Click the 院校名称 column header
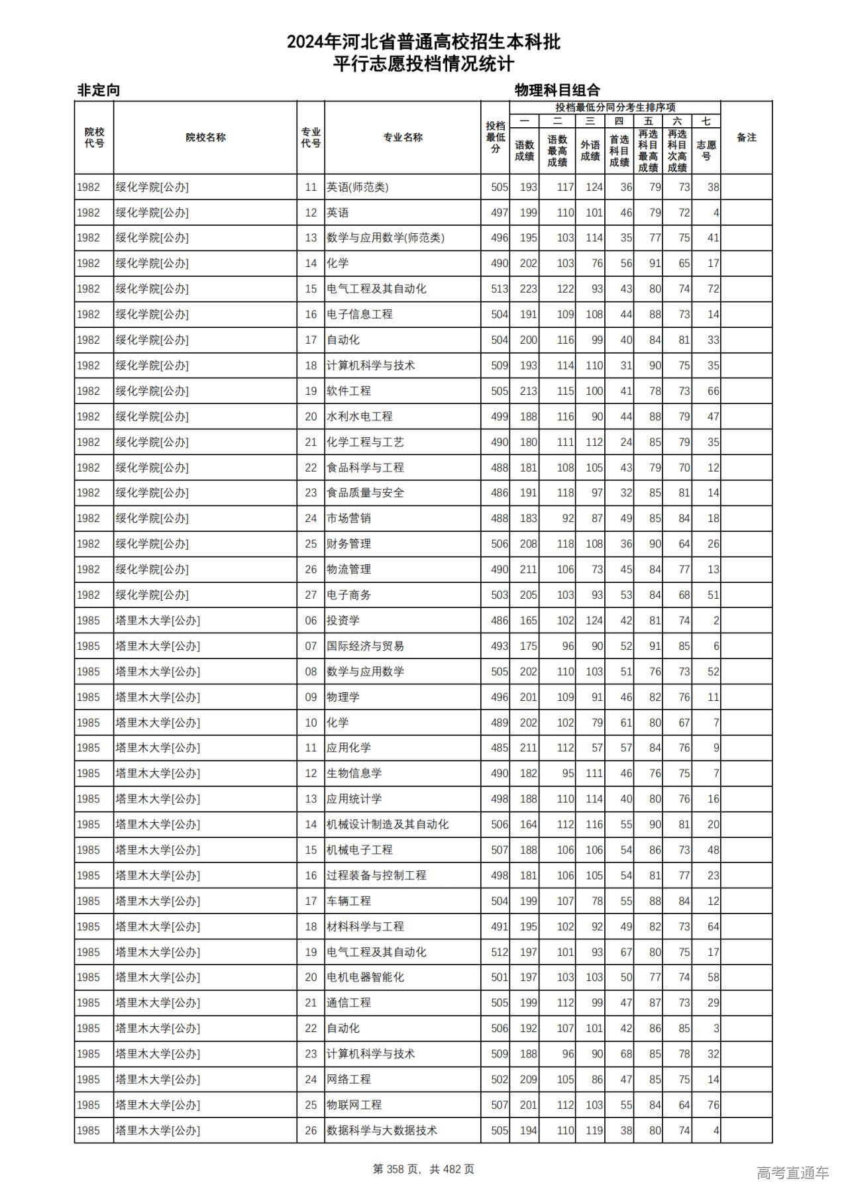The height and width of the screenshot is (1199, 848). (x=205, y=138)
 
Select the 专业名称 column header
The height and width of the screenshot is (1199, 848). (x=402, y=138)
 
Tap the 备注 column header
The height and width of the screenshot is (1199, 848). (x=746, y=138)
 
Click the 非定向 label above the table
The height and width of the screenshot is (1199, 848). (x=99, y=90)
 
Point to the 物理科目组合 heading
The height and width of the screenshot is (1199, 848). (x=557, y=90)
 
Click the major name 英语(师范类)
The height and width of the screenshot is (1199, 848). (x=358, y=187)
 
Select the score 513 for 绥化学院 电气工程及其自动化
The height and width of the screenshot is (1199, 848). (x=500, y=289)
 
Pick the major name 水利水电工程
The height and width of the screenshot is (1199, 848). (x=360, y=417)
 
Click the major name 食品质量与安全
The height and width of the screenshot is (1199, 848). (x=365, y=493)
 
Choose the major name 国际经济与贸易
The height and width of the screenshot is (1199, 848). (x=365, y=646)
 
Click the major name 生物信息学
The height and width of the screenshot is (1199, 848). (x=354, y=774)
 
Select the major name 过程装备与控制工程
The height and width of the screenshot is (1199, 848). (x=376, y=876)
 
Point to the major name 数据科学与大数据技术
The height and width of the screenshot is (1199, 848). (x=382, y=1131)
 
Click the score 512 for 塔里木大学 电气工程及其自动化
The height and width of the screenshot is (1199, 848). (x=500, y=953)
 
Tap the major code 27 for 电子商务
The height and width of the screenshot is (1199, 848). (x=311, y=595)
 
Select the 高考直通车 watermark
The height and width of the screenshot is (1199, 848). (x=792, y=1173)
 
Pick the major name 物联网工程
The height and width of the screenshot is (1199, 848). (x=354, y=1105)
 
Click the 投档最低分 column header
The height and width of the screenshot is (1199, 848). (x=495, y=137)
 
